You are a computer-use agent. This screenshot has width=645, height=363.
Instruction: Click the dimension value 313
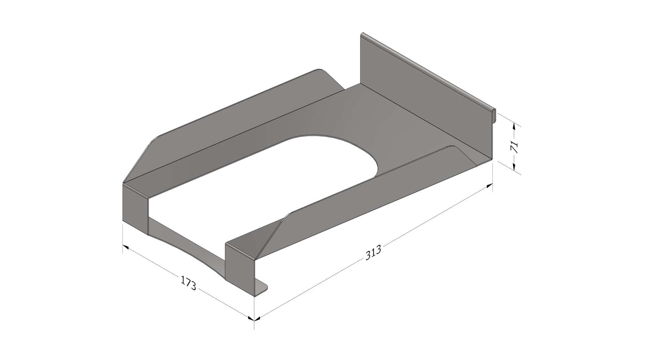coord(373,252)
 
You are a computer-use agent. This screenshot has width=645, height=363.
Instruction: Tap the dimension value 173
coord(189,283)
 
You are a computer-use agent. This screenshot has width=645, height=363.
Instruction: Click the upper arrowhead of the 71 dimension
coord(514,126)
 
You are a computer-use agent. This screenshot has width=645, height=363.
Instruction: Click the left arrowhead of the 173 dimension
coord(126,247)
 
